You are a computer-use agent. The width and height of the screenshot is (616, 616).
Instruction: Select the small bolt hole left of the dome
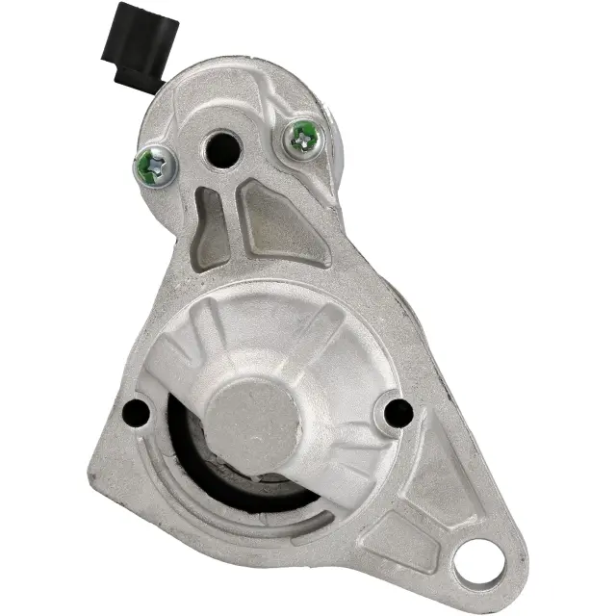click(138, 411)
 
